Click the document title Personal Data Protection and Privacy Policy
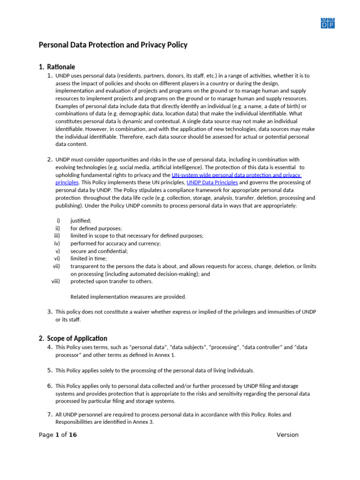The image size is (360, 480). pos(112,45)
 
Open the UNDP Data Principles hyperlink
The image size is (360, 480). pos(212,182)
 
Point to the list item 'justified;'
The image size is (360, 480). pos(81,220)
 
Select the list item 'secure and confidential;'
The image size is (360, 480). pos(99,251)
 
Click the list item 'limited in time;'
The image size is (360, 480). pos(89,258)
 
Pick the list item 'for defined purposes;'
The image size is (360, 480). pos(96,228)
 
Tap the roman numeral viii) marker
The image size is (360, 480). pos(56,281)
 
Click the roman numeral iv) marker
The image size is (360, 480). pos(57,243)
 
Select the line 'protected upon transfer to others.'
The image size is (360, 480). pos(111,281)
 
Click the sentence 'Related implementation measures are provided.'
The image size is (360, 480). pos(128,296)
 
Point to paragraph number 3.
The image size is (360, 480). pos(50,311)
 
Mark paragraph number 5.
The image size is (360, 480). pos(50,370)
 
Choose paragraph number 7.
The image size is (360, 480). pos(50,414)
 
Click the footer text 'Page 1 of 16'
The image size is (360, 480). pos(58,435)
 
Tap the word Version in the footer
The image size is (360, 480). pos(287,435)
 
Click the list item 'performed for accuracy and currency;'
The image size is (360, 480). pos(115,243)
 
